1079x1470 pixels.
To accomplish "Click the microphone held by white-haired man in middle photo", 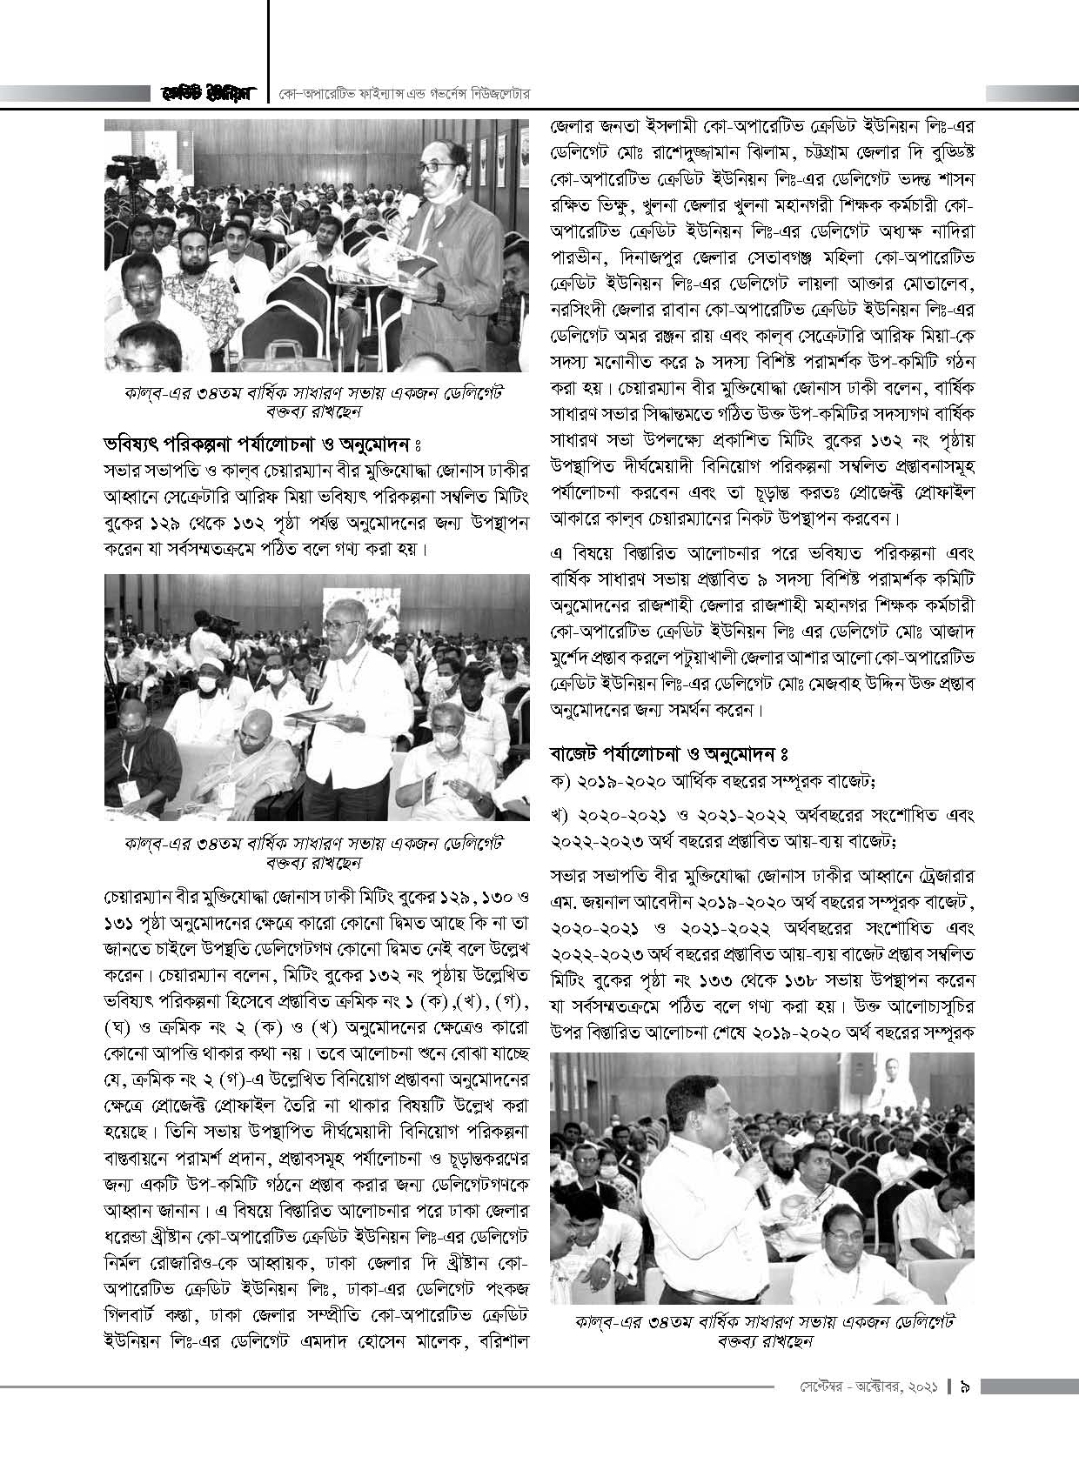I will coord(315,665).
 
